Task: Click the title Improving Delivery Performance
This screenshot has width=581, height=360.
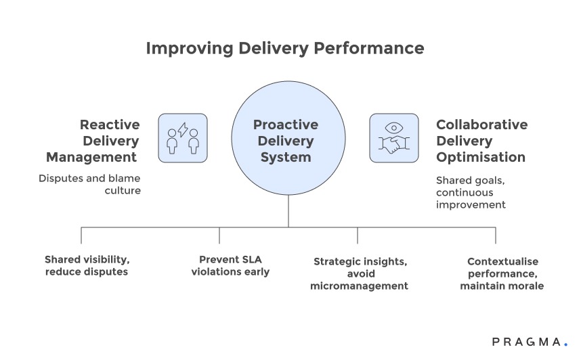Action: [x=285, y=49]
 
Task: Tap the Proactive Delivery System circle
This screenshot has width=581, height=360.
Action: [x=288, y=140]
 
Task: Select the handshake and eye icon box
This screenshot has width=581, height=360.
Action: [x=393, y=138]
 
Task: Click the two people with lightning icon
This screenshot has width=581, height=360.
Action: [x=183, y=138]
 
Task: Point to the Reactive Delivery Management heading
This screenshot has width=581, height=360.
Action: [x=93, y=141]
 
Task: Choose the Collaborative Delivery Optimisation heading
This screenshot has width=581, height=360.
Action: [x=481, y=141]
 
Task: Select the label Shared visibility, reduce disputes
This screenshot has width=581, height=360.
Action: [x=87, y=265]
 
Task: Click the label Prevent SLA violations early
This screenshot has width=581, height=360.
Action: [x=230, y=265]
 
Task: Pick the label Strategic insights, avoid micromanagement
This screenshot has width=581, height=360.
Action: [x=359, y=273]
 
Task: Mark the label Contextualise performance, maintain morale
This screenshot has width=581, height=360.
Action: [x=502, y=273]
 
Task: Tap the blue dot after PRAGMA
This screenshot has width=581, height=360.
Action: [x=565, y=344]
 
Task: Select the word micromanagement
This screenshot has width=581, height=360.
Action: [x=359, y=286]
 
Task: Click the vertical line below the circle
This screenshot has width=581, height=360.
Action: [x=288, y=211]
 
